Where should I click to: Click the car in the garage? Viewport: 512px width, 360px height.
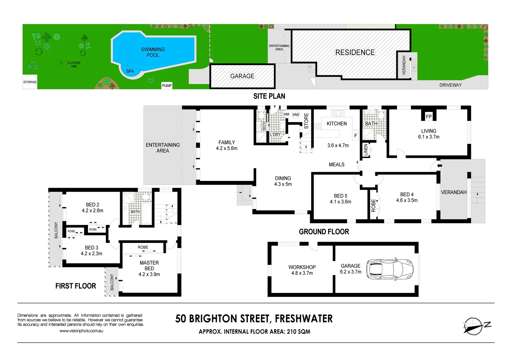click(x=390, y=269)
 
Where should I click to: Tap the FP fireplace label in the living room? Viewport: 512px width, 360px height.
click(x=429, y=116)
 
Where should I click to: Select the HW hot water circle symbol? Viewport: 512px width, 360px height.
click(x=296, y=115)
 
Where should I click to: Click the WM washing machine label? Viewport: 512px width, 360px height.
click(x=286, y=114)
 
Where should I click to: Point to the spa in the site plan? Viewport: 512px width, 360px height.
click(x=130, y=71)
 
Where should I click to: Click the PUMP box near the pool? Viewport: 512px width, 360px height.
click(x=167, y=86)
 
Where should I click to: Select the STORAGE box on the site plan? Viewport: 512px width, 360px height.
click(x=30, y=82)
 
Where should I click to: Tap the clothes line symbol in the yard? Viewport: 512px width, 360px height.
click(x=61, y=62)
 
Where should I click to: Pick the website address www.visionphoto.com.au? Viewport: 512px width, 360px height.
click(x=81, y=331)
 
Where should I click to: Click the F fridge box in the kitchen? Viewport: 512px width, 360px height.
click(x=356, y=136)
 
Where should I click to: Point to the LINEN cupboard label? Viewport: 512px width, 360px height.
click(x=366, y=150)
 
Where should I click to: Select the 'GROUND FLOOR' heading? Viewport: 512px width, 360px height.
click(x=324, y=232)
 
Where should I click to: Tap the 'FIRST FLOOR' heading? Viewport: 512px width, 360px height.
click(x=76, y=286)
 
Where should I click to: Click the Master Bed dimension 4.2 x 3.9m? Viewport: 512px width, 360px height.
click(x=149, y=274)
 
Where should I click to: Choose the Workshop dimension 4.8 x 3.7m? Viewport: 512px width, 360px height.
click(x=302, y=273)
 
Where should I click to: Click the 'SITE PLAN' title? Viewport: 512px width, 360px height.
click(x=269, y=96)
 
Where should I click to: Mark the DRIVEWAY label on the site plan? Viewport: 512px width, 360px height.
click(x=450, y=85)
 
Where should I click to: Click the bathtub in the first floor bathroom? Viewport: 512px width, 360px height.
click(x=146, y=213)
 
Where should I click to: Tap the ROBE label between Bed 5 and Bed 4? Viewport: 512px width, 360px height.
click(x=373, y=205)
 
